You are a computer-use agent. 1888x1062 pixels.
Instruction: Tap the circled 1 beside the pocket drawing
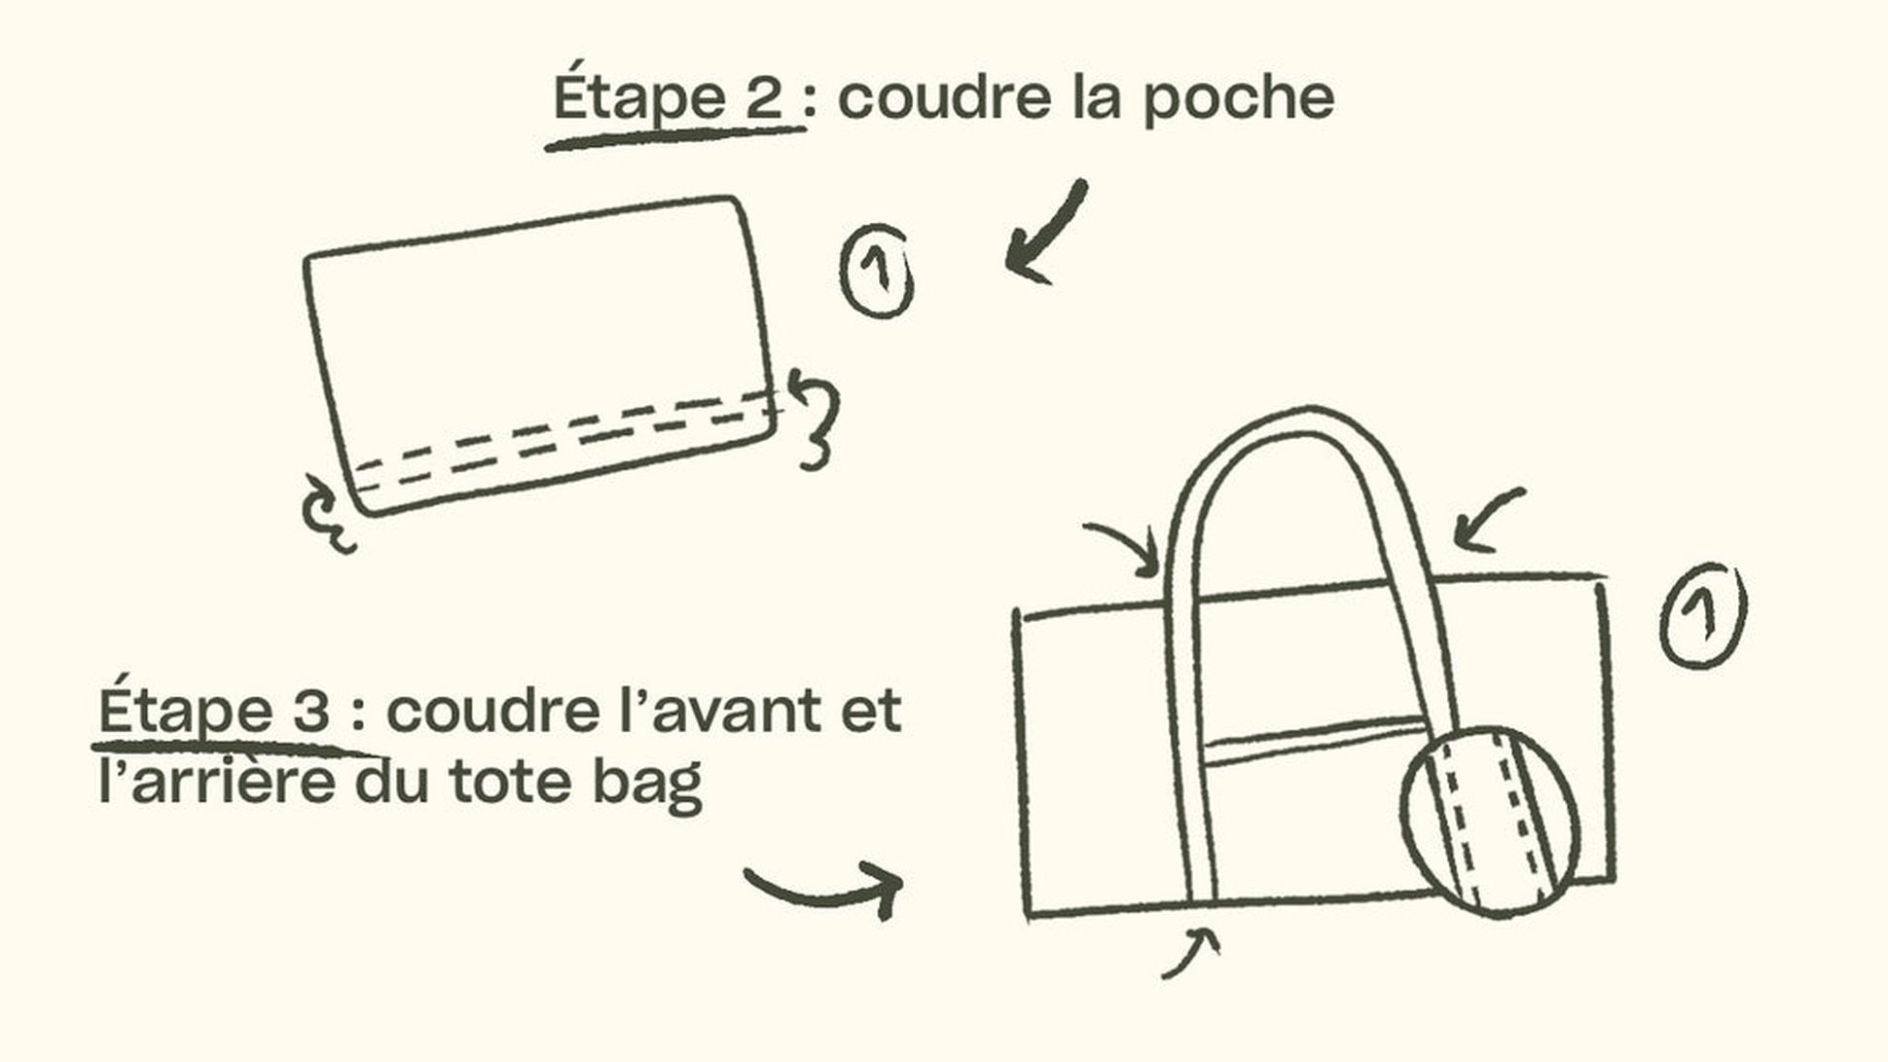[x=877, y=272]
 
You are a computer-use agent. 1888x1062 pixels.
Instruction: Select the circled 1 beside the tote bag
[x=1702, y=614]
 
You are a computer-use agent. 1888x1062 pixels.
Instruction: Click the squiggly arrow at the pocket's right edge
[x=816, y=419]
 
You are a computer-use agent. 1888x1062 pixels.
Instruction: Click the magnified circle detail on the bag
[x=1490, y=823]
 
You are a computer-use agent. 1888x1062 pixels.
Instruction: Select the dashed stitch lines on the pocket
[x=564, y=438]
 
